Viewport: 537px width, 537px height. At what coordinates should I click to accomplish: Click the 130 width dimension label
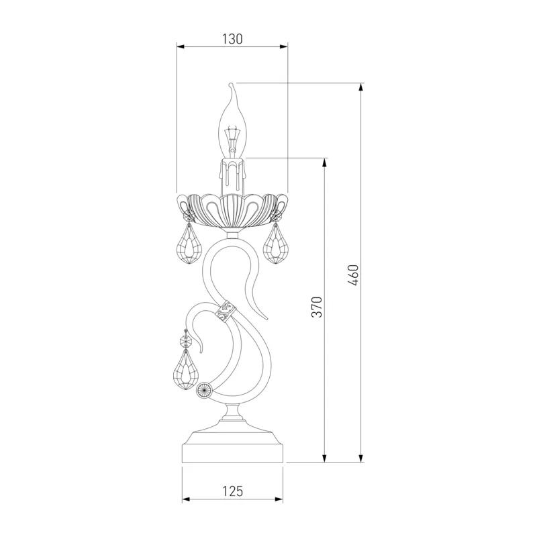[232, 39]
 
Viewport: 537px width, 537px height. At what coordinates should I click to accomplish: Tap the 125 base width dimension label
[232, 491]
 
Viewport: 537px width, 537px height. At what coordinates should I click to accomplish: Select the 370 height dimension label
[317, 307]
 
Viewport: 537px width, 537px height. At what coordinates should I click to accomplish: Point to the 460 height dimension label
[353, 275]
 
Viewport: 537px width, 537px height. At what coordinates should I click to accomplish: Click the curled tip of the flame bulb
[231, 85]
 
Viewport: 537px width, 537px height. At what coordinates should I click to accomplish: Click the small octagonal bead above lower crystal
[186, 341]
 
